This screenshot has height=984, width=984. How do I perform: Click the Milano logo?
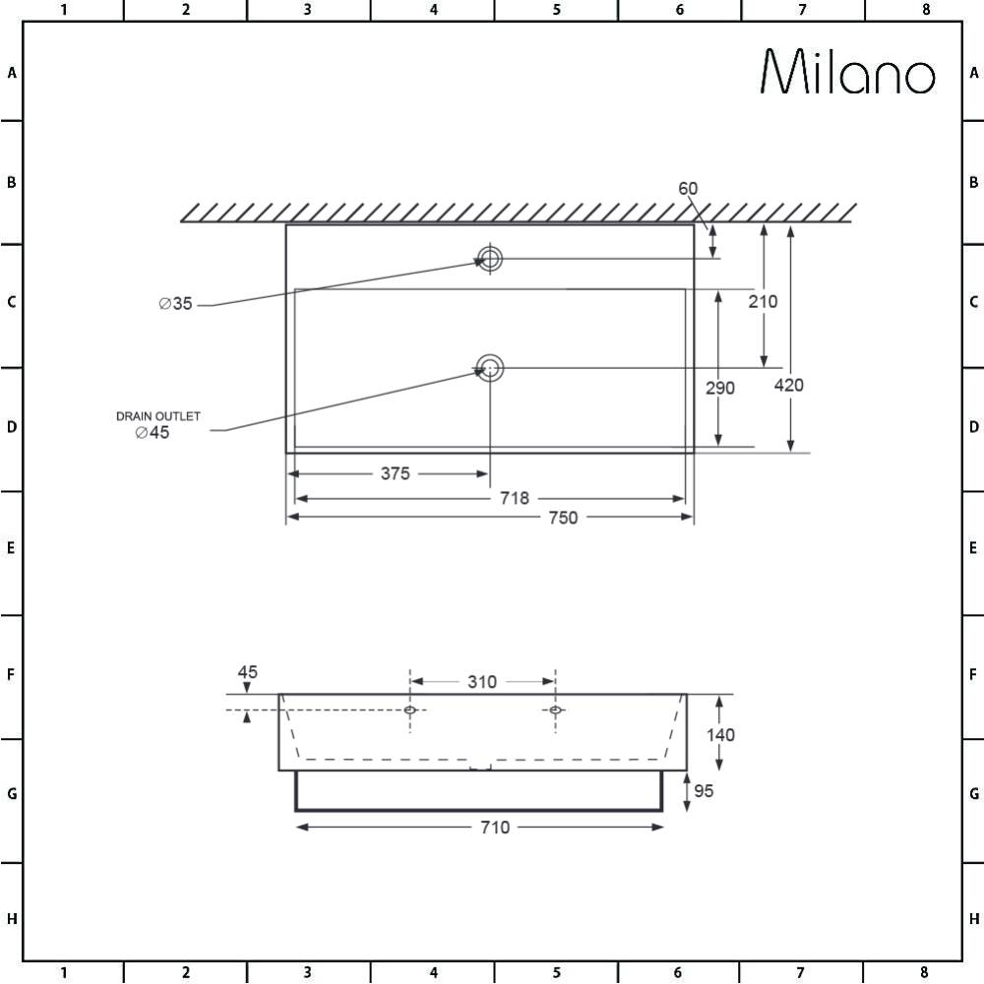tap(848, 73)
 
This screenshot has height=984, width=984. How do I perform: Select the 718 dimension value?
tap(514, 499)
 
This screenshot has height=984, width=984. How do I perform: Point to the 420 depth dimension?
tap(788, 385)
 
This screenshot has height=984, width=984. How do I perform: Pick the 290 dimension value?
tap(720, 388)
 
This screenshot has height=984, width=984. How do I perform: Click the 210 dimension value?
tap(763, 302)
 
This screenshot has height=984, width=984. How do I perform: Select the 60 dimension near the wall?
tap(687, 189)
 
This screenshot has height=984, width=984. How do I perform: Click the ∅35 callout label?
tap(175, 304)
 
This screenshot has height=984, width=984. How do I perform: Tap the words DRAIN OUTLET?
tap(158, 416)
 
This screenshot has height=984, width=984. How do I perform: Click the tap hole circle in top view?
tap(489, 259)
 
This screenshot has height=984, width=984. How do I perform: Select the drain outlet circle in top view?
tap(489, 369)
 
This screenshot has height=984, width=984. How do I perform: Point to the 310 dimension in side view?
tap(482, 682)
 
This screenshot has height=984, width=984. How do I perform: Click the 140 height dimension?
tap(720, 734)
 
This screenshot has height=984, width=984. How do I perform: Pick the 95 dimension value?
tap(704, 790)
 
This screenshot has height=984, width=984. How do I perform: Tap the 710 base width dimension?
tap(495, 828)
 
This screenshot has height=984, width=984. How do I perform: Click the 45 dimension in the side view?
tap(247, 672)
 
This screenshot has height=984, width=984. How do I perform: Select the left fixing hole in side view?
tap(410, 709)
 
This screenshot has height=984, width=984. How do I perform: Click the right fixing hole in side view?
tap(556, 709)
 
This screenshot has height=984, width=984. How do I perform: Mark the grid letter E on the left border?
tap(11, 548)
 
